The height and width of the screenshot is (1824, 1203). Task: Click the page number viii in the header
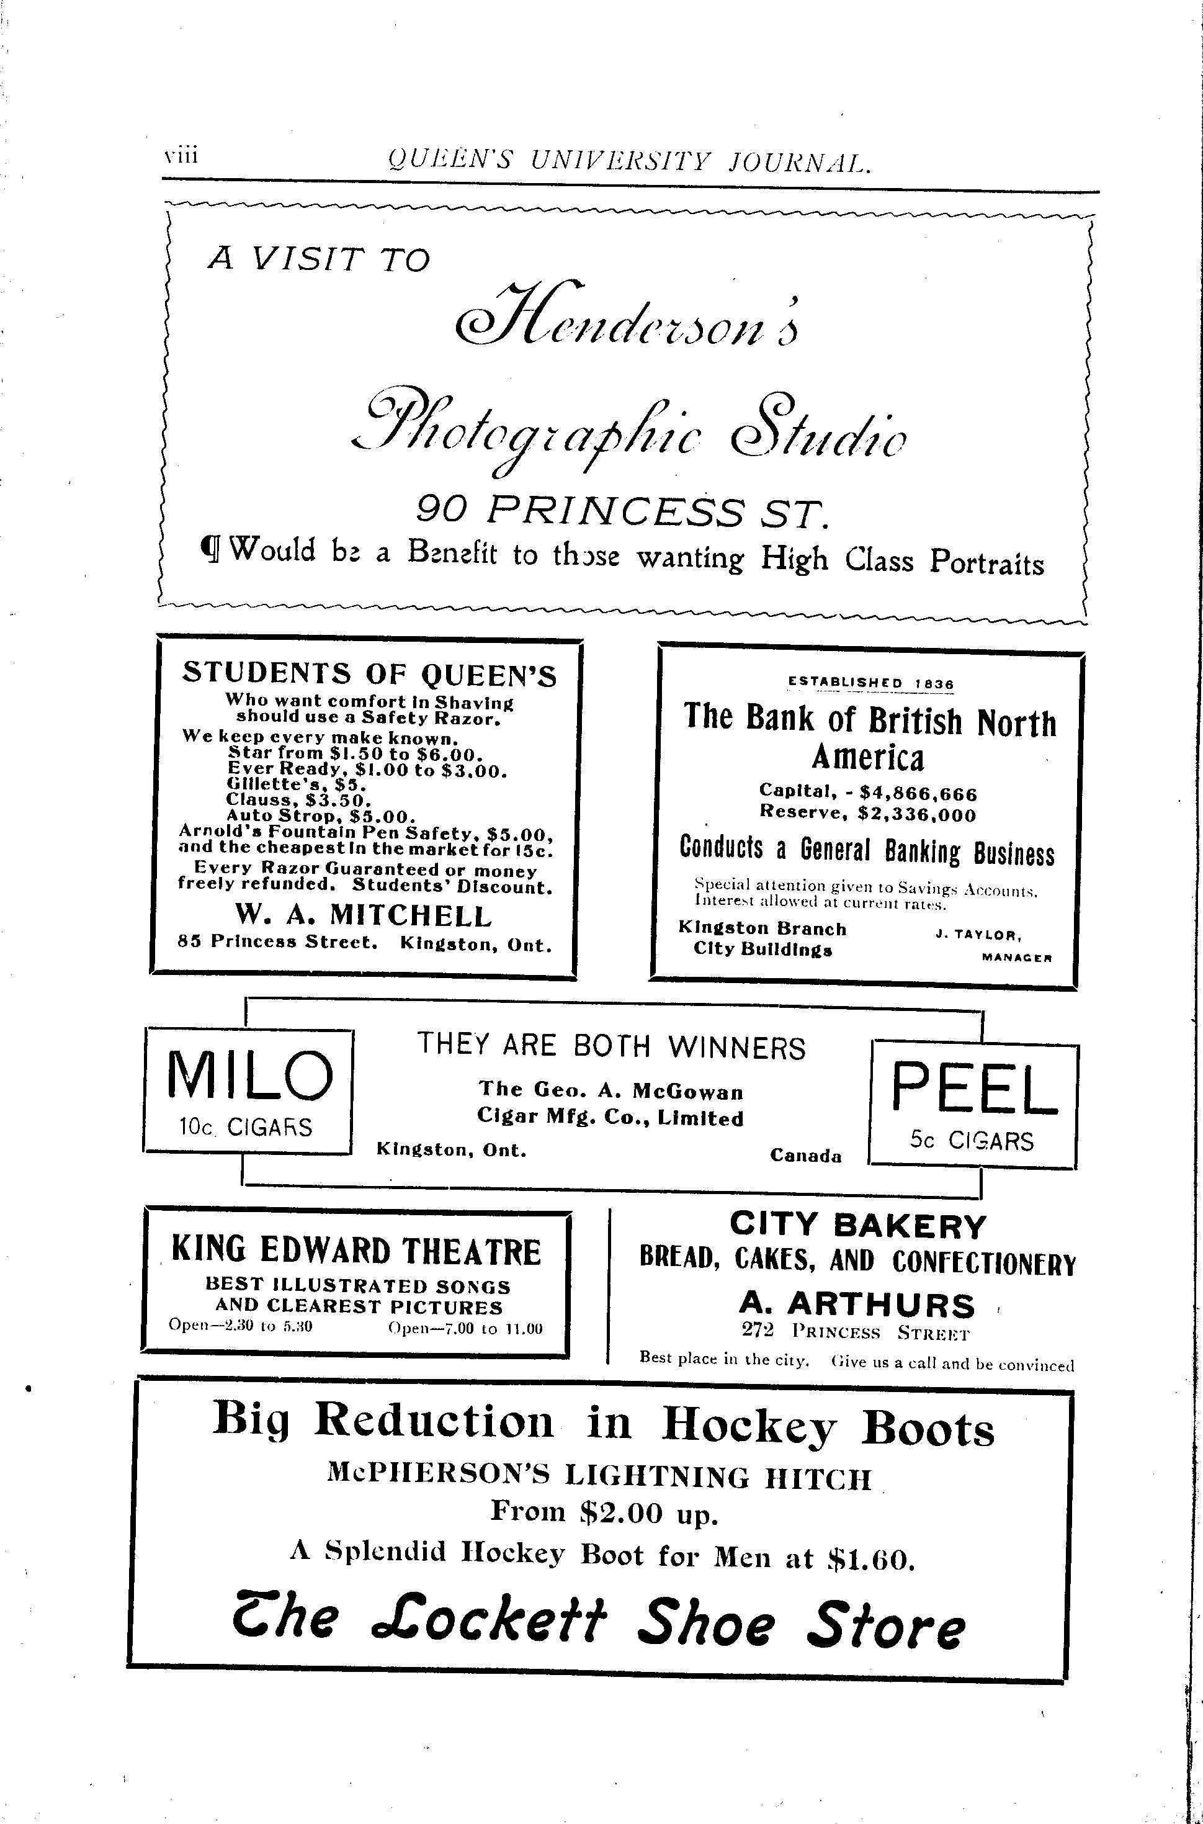pos(181,155)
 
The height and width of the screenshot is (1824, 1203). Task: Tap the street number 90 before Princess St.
pos(444,507)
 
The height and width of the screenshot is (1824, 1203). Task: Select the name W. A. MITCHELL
pos(364,915)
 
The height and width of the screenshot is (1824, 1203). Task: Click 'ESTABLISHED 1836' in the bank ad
pos(870,682)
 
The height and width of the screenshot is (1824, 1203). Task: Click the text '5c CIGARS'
pos(972,1141)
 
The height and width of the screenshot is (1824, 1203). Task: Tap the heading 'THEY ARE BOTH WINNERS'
pos(612,1046)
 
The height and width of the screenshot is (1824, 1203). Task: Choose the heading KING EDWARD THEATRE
pos(356,1252)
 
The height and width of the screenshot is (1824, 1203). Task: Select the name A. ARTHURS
pos(857,1305)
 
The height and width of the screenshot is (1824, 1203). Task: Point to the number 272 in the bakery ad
pos(758,1331)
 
